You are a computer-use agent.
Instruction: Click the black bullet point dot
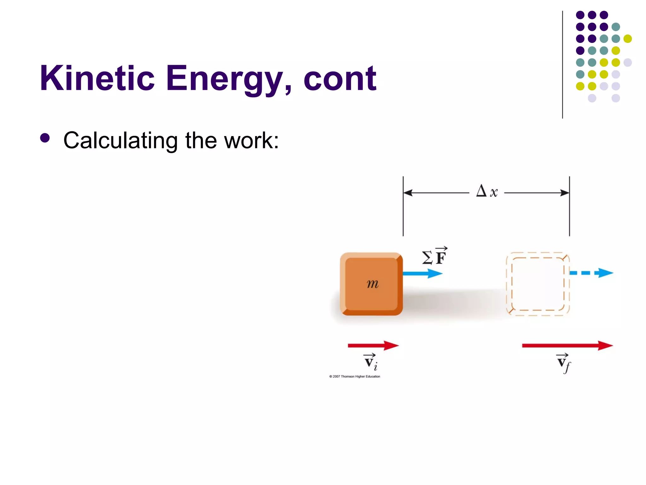[45, 138]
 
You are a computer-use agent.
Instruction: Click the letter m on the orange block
[373, 284]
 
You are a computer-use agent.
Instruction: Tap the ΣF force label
[435, 256]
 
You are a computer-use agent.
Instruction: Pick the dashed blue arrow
[591, 273]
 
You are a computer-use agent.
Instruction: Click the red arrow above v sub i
[373, 346]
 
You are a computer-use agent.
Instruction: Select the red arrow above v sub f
[567, 346]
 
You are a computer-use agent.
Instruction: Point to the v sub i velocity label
[371, 362]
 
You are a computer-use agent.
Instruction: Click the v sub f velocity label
[564, 363]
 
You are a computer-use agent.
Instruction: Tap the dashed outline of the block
[507, 284]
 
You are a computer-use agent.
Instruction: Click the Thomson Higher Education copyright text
[355, 376]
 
